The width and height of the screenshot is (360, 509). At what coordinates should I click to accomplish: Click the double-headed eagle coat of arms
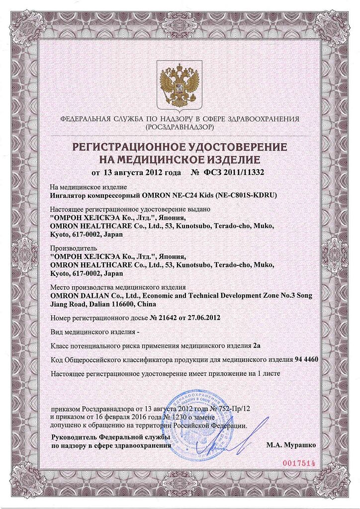coord(180,85)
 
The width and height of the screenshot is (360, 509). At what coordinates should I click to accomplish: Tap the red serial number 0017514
coord(299,463)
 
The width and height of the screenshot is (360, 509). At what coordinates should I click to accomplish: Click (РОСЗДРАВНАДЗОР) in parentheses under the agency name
coord(180,128)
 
